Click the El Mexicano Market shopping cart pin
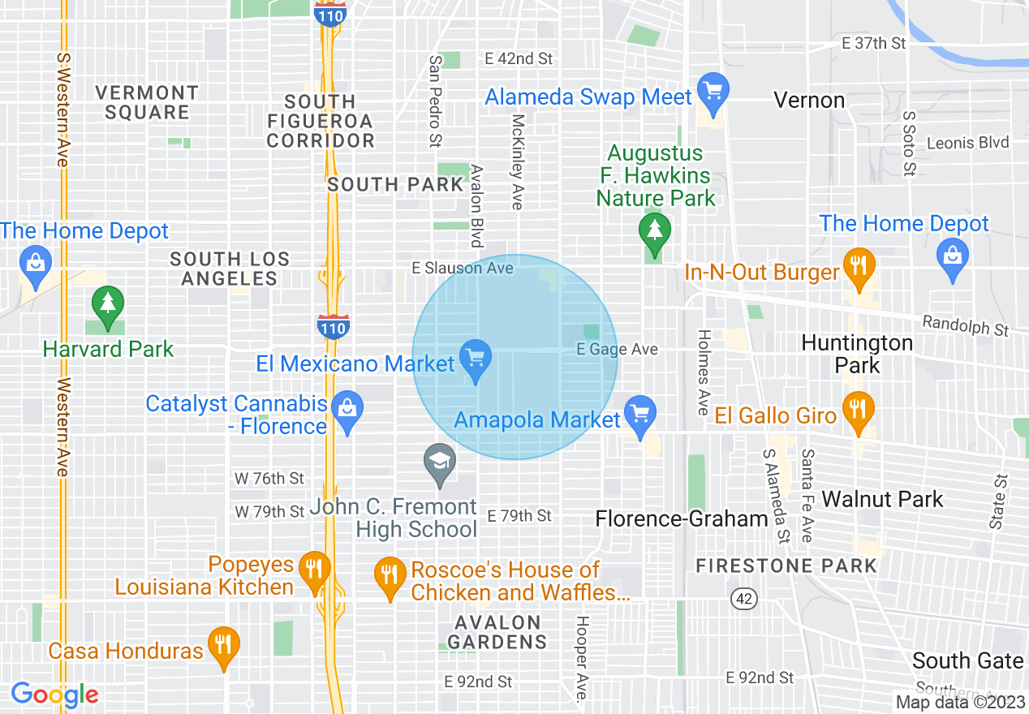(475, 358)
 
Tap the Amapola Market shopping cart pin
(640, 415)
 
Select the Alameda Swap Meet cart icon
(713, 91)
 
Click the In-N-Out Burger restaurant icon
(857, 266)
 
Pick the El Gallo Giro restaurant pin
(857, 410)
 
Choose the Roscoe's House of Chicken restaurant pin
(390, 574)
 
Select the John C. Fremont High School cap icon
(439, 463)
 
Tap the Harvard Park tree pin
(107, 305)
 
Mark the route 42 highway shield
(744, 599)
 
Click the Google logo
(54, 695)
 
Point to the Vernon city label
(809, 101)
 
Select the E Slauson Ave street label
(463, 268)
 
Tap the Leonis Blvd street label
(967, 143)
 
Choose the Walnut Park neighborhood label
(882, 499)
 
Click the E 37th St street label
(874, 44)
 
